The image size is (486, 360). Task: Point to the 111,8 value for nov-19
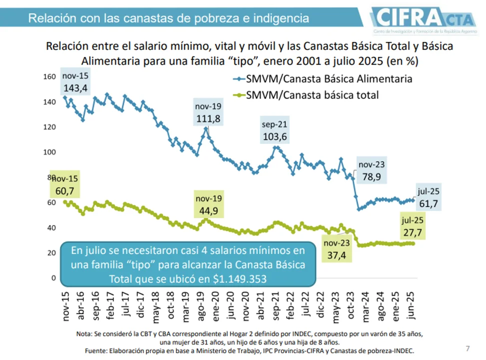[x=208, y=118]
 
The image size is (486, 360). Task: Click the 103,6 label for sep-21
[x=275, y=136]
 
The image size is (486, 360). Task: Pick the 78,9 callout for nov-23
[x=372, y=176]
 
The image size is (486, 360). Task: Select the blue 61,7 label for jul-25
[x=428, y=203]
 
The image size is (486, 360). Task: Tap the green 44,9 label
[x=208, y=210]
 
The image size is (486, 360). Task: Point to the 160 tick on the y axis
[x=49, y=77]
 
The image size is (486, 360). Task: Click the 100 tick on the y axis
[x=49, y=152]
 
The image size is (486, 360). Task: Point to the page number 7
[x=468, y=348]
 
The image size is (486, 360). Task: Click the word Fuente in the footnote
[x=98, y=350]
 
